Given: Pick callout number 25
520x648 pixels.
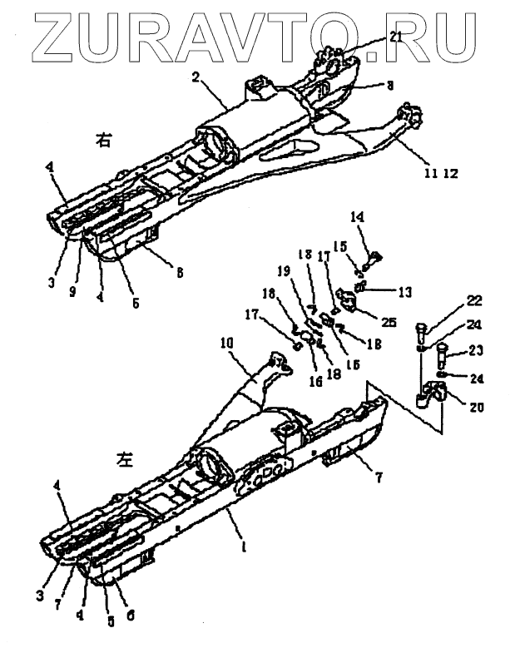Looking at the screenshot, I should [367, 321].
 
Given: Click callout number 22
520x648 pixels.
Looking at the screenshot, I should [450, 300].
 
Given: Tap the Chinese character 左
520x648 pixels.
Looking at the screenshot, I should [122, 458].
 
